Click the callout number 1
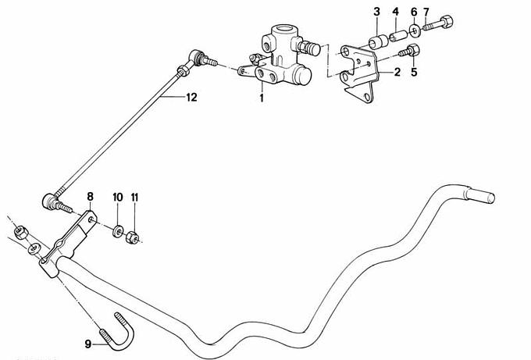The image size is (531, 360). point(262,99)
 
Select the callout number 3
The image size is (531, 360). point(376,12)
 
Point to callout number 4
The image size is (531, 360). point(395,12)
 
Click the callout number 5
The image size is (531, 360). point(414,73)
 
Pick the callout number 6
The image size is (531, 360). point(413,12)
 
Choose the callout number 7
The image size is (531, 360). point(426,12)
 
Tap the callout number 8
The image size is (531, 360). point(90,195)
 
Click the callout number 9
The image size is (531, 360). point(88,341)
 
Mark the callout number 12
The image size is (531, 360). point(191,98)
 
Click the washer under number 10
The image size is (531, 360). point(118,231)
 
